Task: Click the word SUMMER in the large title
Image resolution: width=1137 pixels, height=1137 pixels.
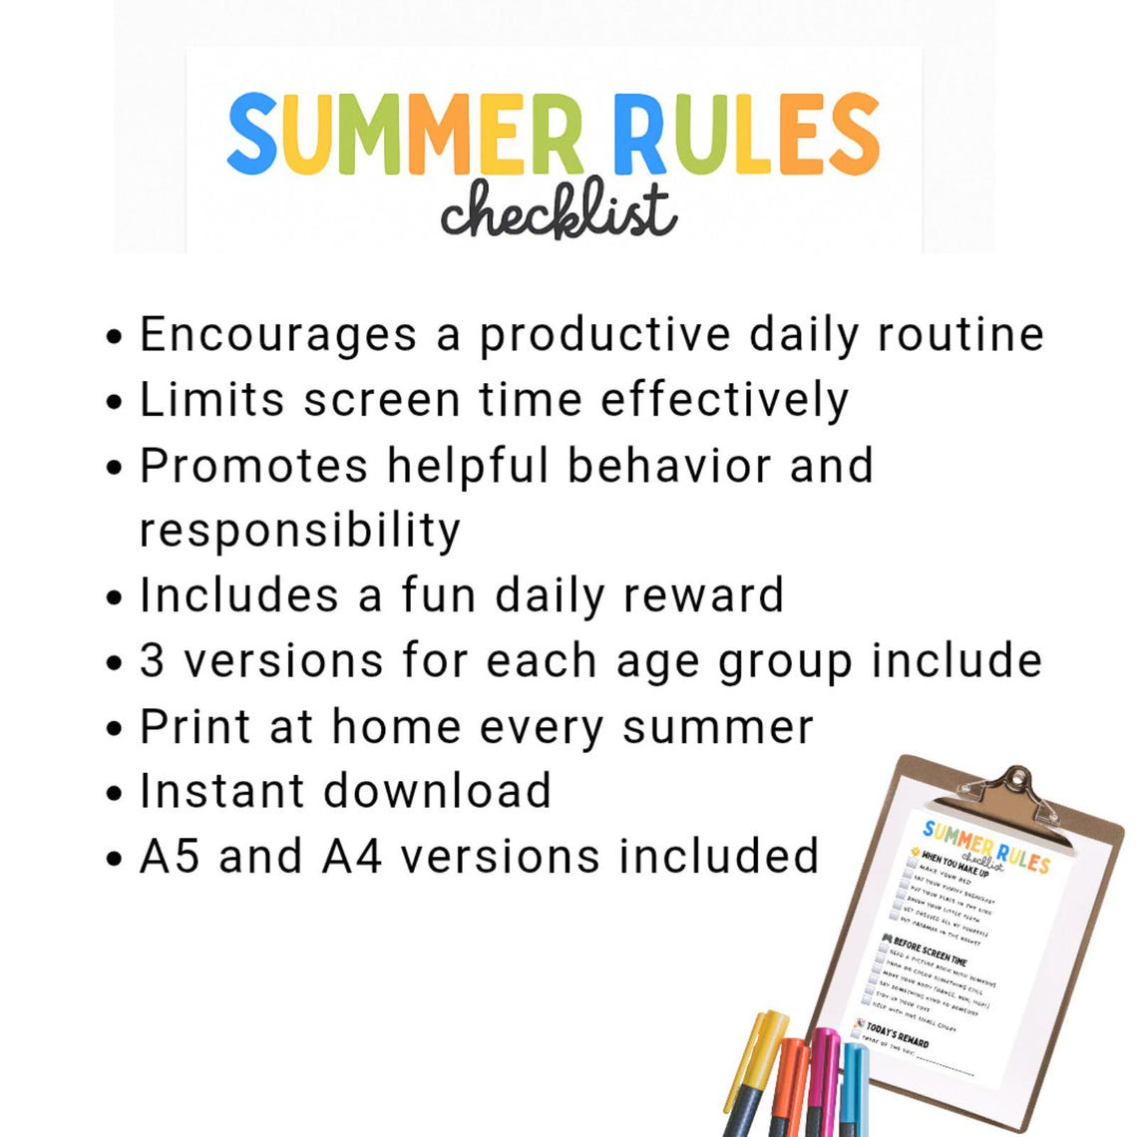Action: point(404,135)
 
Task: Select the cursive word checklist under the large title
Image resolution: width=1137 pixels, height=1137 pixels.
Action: point(559,211)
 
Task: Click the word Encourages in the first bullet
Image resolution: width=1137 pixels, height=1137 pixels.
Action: point(278,335)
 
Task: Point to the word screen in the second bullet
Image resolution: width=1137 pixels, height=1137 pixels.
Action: point(382,400)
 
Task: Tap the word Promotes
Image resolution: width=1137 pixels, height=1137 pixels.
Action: point(253,466)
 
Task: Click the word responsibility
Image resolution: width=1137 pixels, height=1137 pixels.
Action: point(299,531)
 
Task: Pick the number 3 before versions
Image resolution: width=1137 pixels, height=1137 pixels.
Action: point(153,661)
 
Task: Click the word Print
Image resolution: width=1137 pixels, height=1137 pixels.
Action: point(194,726)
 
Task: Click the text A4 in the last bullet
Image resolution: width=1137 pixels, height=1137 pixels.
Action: point(352,857)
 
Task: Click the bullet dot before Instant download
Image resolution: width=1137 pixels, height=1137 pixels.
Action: point(117,794)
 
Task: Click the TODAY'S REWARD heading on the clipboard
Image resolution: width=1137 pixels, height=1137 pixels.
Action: point(898,1035)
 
